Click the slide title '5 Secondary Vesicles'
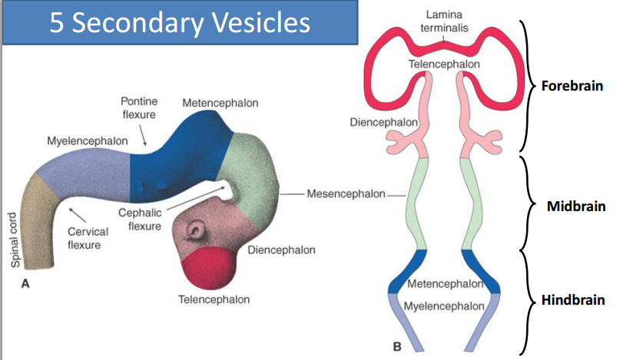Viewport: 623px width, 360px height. click(180, 22)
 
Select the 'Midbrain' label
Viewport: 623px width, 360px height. click(575, 207)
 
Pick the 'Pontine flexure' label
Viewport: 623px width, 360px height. click(139, 108)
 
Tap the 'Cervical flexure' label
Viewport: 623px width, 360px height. click(87, 238)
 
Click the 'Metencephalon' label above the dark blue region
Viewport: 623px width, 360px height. click(220, 103)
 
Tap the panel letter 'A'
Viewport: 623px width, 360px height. click(25, 283)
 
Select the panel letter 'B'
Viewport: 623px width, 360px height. click(396, 347)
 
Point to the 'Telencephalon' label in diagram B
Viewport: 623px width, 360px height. click(444, 64)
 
